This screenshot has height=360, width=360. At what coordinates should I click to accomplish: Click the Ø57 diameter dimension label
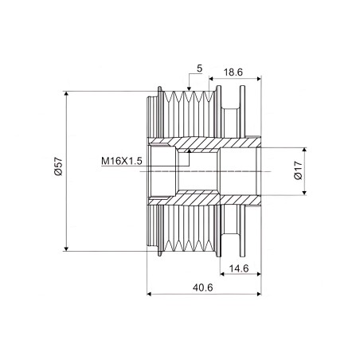click(58, 166)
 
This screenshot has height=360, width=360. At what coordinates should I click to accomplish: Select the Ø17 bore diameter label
click(299, 170)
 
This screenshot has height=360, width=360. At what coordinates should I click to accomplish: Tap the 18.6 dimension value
click(233, 72)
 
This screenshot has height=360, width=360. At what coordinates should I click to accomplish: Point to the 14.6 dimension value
click(239, 268)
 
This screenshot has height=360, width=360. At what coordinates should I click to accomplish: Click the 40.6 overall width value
click(202, 288)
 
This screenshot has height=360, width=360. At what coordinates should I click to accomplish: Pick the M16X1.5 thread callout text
click(122, 161)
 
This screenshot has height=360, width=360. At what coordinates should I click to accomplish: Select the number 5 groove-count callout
click(199, 68)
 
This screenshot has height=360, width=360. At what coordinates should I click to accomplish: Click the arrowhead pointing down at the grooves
click(189, 88)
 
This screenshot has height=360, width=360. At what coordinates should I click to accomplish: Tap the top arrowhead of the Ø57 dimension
click(66, 93)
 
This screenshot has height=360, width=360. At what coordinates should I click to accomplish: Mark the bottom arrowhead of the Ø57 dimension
click(66, 248)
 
